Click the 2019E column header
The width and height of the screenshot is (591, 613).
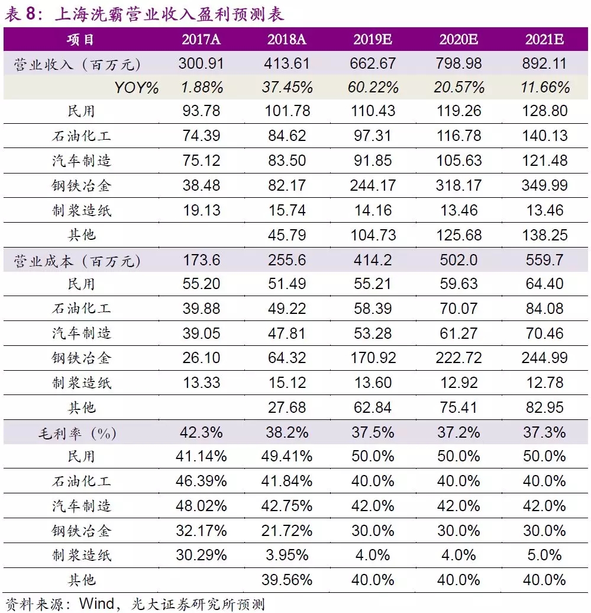click(x=373, y=40)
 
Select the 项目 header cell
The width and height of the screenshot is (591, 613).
click(x=81, y=40)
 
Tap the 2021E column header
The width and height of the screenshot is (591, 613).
click(x=544, y=40)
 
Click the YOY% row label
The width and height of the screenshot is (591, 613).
click(x=137, y=88)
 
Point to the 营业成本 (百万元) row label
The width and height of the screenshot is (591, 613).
click(x=77, y=261)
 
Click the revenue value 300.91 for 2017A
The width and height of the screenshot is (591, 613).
click(x=201, y=63)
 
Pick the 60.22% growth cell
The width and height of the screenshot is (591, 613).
click(x=373, y=88)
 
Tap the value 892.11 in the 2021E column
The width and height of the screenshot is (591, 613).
click(x=544, y=63)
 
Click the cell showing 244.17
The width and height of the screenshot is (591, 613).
click(x=373, y=186)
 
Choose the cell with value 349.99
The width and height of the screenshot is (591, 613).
click(x=544, y=186)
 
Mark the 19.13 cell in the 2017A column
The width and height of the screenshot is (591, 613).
click(x=201, y=210)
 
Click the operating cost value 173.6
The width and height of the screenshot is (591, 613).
click(x=201, y=261)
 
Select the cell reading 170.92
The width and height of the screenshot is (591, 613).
click(x=373, y=358)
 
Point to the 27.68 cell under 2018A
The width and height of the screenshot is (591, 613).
click(x=287, y=407)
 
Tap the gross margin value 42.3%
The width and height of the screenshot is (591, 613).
click(x=201, y=432)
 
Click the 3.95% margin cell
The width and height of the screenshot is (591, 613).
click(x=287, y=556)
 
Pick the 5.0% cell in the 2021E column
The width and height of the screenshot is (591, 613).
click(x=544, y=556)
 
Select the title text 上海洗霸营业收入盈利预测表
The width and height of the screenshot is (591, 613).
click(x=169, y=13)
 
